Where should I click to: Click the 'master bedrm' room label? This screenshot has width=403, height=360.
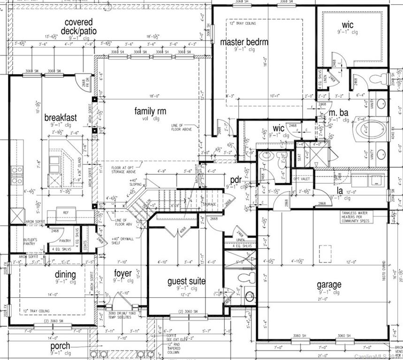tap(244, 42)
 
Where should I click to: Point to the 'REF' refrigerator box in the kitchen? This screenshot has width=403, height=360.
tap(66, 213)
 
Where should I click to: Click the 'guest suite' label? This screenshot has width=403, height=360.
tap(186, 281)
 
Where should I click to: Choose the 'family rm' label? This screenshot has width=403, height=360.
tap(150, 111)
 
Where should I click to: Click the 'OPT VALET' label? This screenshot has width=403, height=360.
tap(299, 179)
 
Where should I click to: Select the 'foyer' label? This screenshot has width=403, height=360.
tap(123, 273)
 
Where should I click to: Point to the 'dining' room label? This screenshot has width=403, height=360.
tap(65, 274)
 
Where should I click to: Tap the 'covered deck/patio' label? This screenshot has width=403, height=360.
tap(78, 27)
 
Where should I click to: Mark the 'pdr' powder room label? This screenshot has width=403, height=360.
tap(236, 179)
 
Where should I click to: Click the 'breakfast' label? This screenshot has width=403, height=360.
tap(61, 117)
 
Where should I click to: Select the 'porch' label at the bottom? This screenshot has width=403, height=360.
tap(61, 346)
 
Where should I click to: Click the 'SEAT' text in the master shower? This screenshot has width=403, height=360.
tap(299, 158)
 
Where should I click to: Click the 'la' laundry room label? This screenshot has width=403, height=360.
tap(340, 191)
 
